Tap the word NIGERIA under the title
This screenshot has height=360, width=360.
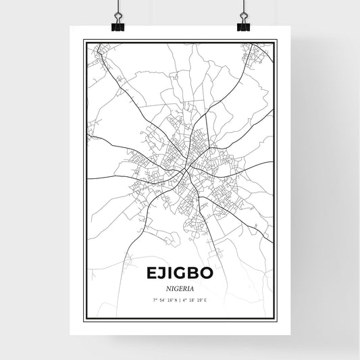click(180, 286)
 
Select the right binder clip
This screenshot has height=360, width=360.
click(243, 24)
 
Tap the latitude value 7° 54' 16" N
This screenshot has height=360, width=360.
click(164, 300)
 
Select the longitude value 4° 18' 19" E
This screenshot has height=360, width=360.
click(196, 300)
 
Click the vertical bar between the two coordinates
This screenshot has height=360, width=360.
click(180, 300)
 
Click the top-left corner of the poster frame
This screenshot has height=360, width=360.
click(84, 41)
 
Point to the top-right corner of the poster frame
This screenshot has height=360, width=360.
click(276, 41)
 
